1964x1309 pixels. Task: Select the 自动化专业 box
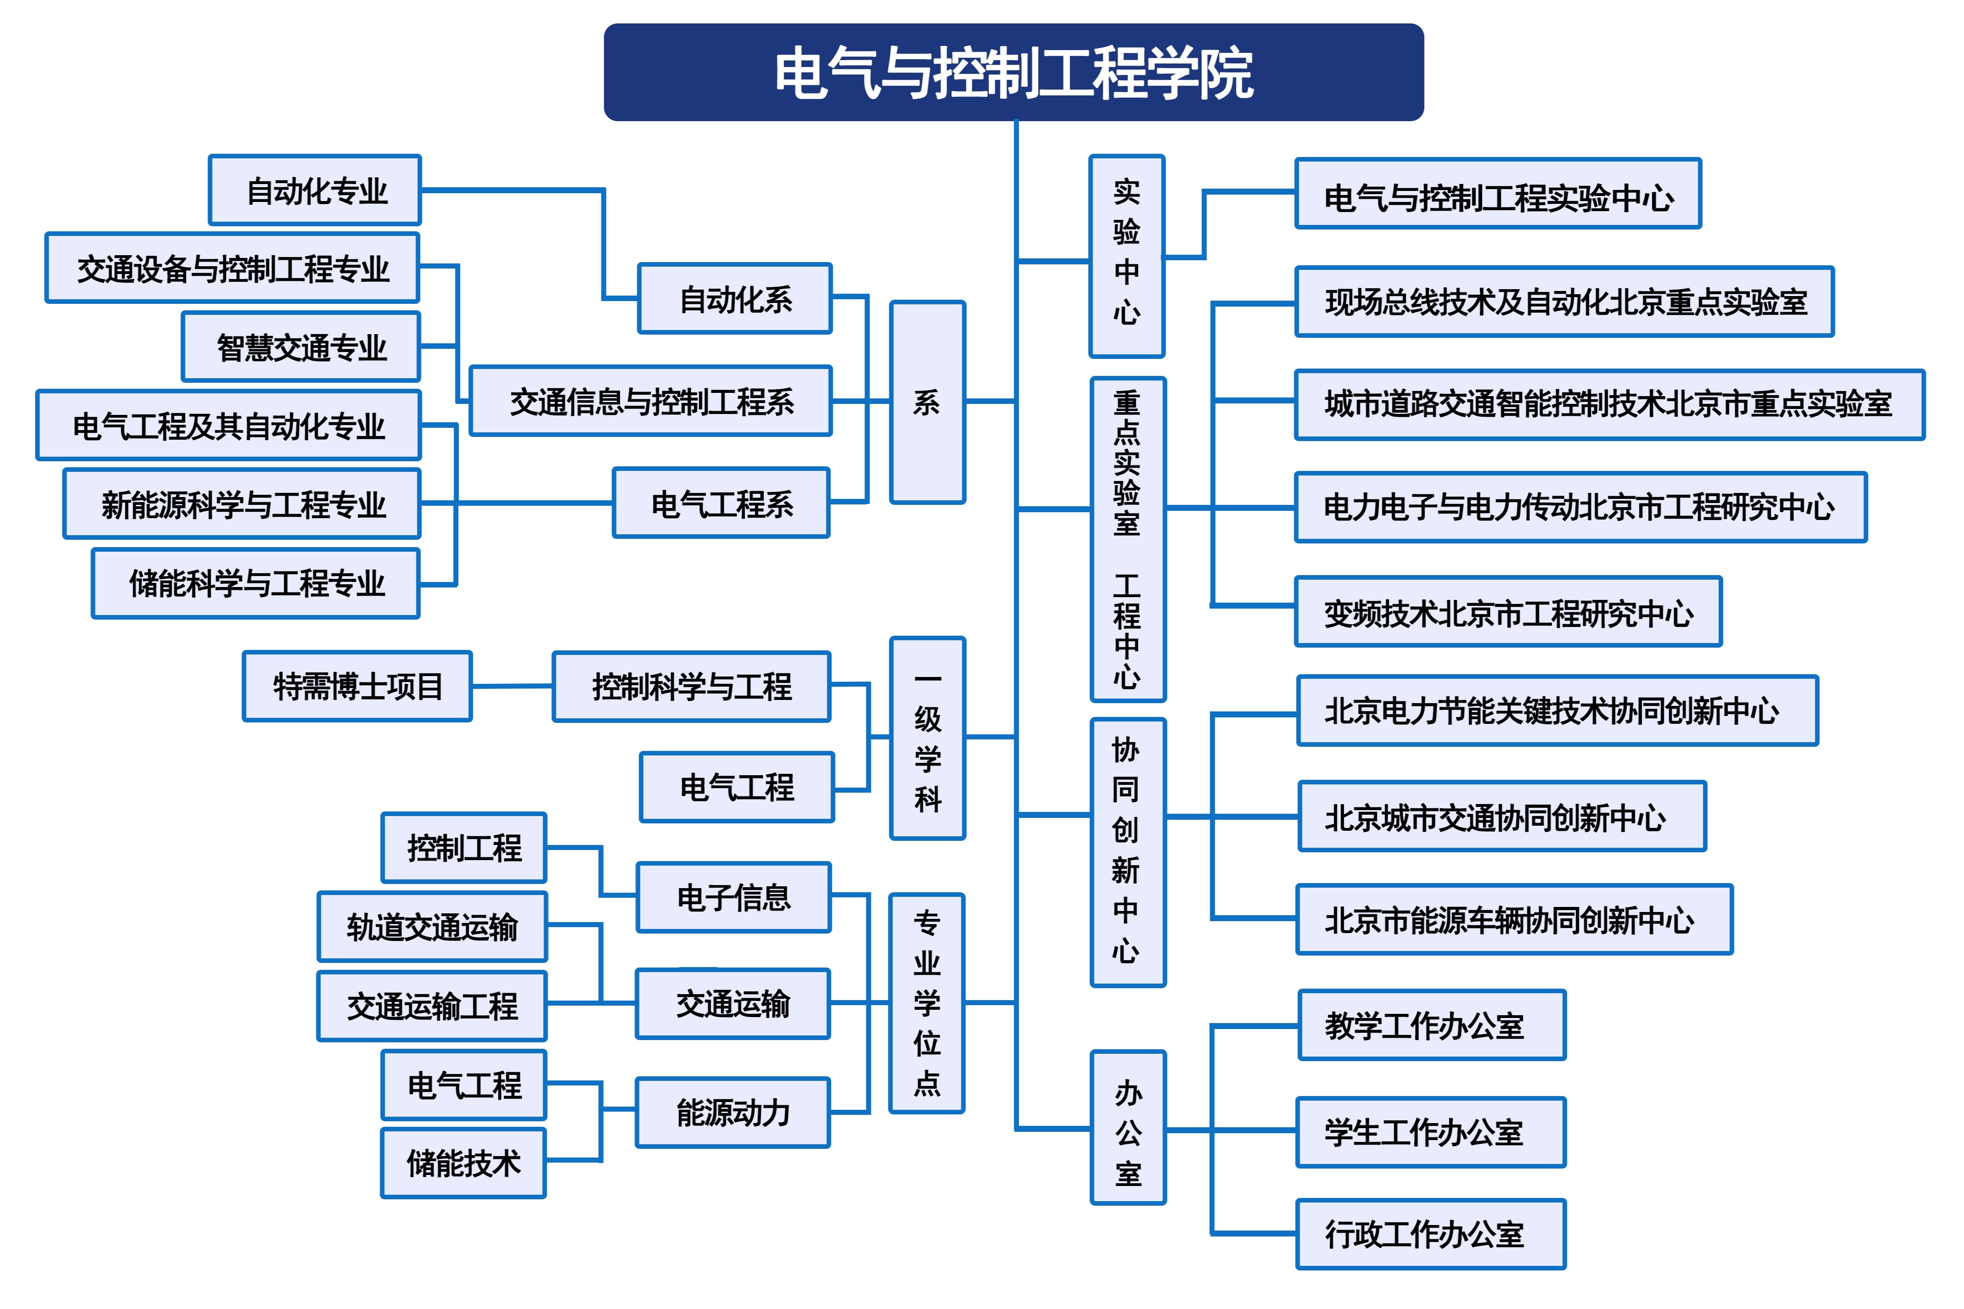(315, 190)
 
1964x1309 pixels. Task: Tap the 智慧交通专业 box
(301, 347)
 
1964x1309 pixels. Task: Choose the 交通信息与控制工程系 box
(651, 401)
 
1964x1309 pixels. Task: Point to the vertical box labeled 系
(927, 403)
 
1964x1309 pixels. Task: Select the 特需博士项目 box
(357, 686)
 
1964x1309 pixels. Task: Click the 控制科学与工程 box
(691, 686)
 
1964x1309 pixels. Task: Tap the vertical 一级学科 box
(927, 738)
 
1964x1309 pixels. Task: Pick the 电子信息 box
(733, 897)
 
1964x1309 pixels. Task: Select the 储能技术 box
(463, 1163)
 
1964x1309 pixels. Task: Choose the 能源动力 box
(732, 1112)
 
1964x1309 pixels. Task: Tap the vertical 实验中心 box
(1127, 256)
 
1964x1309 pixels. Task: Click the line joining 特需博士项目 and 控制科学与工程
(512, 686)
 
